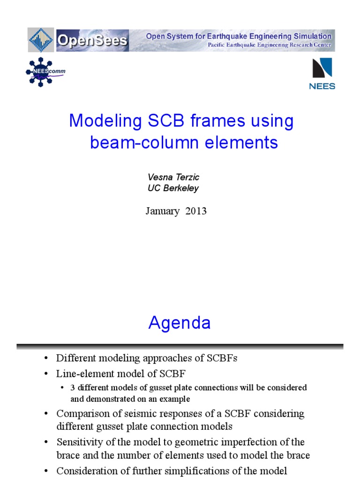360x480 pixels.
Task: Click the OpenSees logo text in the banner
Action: coord(92,40)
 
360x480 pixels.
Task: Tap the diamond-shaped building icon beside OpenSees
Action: coord(41,40)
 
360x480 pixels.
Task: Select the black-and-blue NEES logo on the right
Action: coord(322,73)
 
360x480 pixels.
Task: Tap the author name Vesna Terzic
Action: coord(173,177)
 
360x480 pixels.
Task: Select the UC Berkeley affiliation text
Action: coord(173,188)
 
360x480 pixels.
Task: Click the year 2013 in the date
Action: coord(196,211)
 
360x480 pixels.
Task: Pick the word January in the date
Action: coord(162,211)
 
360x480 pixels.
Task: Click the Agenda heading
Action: coord(180,323)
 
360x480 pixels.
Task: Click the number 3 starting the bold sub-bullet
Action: coord(73,388)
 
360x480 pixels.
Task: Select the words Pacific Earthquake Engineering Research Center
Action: coord(269,45)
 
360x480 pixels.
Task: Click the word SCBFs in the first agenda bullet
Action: coord(223,359)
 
